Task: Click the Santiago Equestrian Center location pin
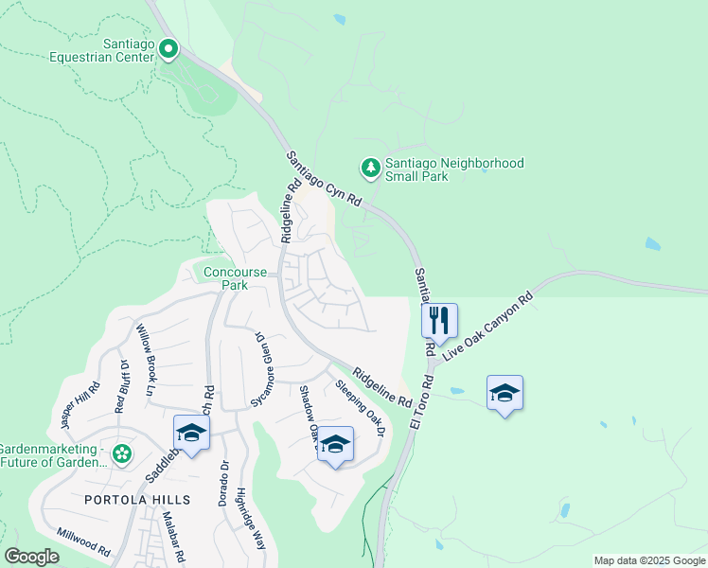coord(168,47)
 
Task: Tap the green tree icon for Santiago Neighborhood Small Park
coord(370,169)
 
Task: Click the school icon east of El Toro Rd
coord(504,393)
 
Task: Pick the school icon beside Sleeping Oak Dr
coord(334,444)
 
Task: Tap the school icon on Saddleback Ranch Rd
coord(191,433)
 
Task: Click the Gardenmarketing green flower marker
coord(121,454)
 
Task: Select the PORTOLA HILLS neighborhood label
coord(137,499)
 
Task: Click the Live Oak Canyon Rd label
coord(488,324)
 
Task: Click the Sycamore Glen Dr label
coord(256,369)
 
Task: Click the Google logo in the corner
coord(31,557)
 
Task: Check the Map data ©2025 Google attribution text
coord(648,560)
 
